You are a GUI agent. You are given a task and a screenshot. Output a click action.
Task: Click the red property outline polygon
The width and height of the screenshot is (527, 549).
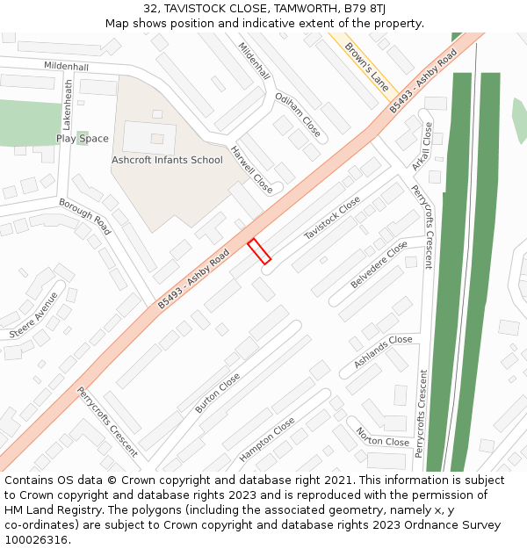[x=258, y=250]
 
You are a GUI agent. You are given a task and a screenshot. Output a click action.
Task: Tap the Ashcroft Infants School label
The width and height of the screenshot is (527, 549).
[x=167, y=160]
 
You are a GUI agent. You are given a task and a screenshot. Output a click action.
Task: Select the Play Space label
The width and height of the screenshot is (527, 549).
[x=83, y=138]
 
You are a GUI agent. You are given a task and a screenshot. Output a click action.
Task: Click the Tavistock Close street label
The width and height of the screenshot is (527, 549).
[x=332, y=219]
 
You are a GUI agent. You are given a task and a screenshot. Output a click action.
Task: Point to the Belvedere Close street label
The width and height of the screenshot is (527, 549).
[x=379, y=264]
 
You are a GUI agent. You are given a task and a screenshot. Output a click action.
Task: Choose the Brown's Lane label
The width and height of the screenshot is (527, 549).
[x=366, y=67]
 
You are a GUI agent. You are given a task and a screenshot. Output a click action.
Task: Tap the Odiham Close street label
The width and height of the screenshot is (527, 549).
[x=298, y=114]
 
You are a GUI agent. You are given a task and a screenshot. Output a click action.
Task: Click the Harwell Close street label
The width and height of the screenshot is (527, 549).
[x=251, y=169]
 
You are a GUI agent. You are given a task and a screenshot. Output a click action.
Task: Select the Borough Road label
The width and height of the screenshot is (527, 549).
[x=85, y=216]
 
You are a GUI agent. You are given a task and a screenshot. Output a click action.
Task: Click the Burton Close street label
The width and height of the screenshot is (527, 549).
[x=218, y=393]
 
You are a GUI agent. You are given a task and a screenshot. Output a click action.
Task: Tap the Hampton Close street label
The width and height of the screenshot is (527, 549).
[x=267, y=439]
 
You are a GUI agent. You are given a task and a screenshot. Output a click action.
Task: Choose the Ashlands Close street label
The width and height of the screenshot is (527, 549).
[x=383, y=350]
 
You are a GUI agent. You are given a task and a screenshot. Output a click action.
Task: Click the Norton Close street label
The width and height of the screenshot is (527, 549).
[x=383, y=436]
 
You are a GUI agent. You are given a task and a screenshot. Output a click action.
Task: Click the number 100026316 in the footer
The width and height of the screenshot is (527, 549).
[x=37, y=539]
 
